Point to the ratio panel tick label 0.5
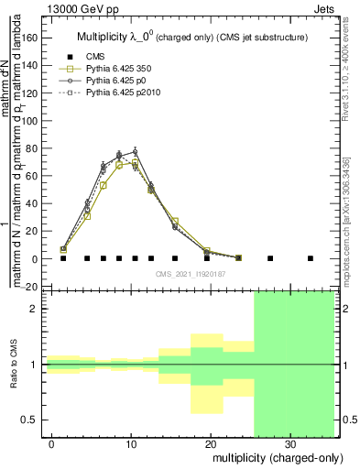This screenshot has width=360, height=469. coord(32,420)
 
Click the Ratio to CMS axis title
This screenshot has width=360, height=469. coord(15,365)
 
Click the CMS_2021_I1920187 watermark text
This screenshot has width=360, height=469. coord(191,273)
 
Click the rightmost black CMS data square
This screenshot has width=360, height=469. coord(311,258)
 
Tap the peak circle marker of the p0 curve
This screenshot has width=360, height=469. coord(135,152)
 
